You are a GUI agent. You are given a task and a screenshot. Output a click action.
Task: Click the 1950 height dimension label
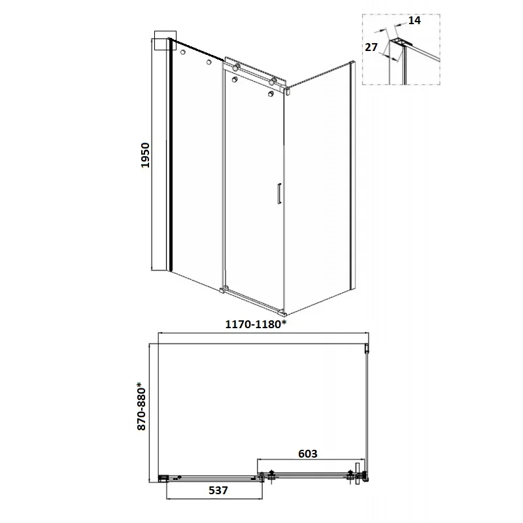(x=145, y=155)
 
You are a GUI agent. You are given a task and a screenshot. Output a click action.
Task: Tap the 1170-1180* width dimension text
(x=256, y=324)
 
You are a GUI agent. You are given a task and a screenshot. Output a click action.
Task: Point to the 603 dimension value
(x=307, y=454)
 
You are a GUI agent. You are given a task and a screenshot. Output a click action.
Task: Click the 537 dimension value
(x=218, y=490)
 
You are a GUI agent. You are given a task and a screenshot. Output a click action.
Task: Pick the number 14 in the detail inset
(x=414, y=20)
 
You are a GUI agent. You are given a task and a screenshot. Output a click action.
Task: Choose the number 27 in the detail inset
(x=371, y=47)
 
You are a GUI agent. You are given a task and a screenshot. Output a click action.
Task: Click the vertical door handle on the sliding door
(x=279, y=193)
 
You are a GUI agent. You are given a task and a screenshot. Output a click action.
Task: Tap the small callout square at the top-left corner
(x=165, y=41)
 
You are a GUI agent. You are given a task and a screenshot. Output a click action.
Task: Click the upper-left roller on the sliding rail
(x=236, y=68)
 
